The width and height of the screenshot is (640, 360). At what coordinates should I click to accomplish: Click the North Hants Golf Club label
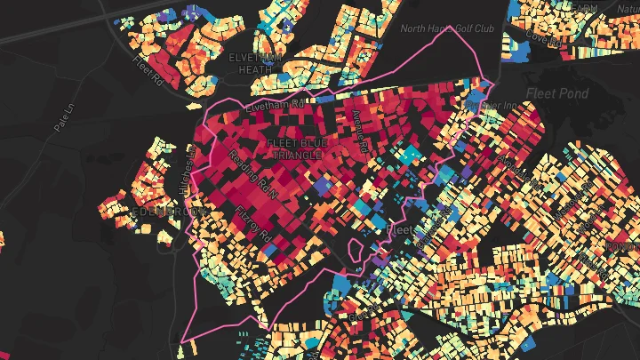coord(447,28)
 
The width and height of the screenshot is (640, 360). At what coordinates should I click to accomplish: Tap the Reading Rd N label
coord(252,173)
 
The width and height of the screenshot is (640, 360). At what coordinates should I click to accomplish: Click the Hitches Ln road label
coord(189,181)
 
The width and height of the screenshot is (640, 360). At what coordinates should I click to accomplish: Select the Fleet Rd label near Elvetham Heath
coord(150,70)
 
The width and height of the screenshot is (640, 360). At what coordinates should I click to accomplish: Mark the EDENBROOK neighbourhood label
coord(172,212)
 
